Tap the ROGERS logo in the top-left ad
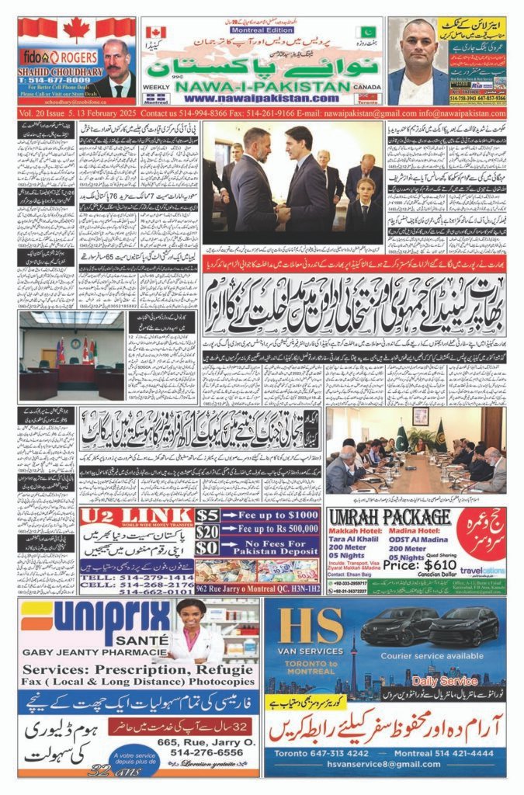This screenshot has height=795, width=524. point(77,57)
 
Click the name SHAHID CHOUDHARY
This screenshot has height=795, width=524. point(57,70)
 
